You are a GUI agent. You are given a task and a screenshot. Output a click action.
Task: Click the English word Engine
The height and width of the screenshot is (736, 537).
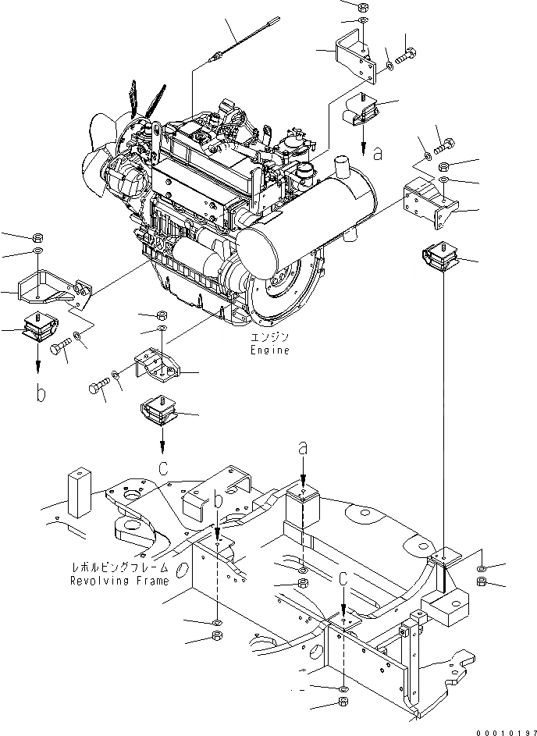click(270, 350)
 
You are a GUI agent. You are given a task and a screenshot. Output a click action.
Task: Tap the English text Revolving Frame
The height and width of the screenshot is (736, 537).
click(119, 581)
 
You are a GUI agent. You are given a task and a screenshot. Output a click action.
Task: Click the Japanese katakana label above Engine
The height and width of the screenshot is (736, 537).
click(270, 337)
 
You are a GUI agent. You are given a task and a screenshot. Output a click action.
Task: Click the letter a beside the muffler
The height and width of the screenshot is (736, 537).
click(378, 154)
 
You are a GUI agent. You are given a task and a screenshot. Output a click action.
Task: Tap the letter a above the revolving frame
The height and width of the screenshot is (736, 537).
click(305, 447)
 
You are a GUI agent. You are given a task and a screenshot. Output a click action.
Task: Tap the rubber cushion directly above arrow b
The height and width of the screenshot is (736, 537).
click(39, 327)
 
